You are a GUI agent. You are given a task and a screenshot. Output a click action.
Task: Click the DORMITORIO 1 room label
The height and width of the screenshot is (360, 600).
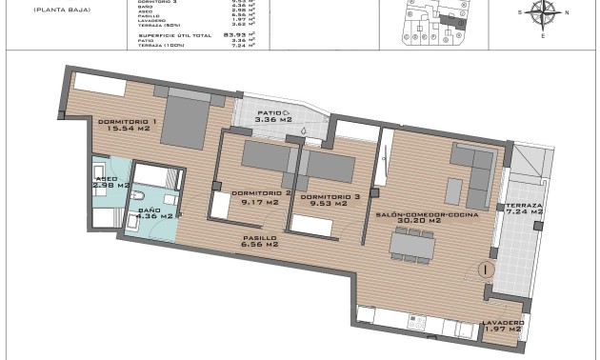coord(127,121)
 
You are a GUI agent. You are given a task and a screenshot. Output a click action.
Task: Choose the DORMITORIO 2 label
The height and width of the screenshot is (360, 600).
coord(260,193)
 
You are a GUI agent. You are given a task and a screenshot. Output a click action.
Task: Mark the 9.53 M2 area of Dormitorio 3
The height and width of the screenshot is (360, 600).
coord(330,202)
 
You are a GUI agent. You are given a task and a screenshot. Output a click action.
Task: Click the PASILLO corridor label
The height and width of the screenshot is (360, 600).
coord(259,237)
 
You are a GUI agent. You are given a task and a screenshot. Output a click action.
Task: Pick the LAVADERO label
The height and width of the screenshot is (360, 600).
coord(503,322)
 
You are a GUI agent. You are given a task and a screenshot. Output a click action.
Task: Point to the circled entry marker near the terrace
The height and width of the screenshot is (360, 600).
coord(486,270)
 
